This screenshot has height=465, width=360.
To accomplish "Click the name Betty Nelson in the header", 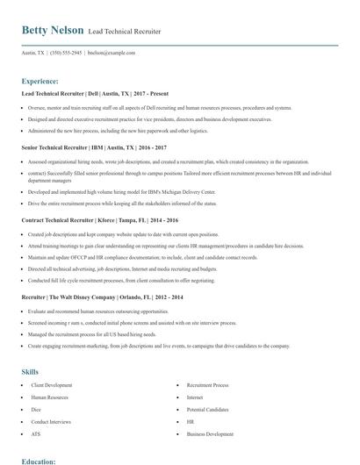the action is tap(53, 30).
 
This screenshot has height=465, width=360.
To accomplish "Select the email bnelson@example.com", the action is tap(117, 53).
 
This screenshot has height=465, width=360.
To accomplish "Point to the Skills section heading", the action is tap(30, 372).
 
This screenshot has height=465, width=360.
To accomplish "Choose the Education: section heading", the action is tap(40, 460).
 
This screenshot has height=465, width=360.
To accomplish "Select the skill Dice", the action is tap(36, 409).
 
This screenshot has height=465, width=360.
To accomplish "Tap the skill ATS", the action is tap(36, 433).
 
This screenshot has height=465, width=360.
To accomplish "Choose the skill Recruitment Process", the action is tap(207, 385).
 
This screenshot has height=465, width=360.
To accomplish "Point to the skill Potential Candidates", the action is tap(207, 409).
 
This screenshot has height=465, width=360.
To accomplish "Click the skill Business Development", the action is tap(210, 433).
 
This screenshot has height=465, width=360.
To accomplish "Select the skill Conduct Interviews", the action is tap(50, 421).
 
